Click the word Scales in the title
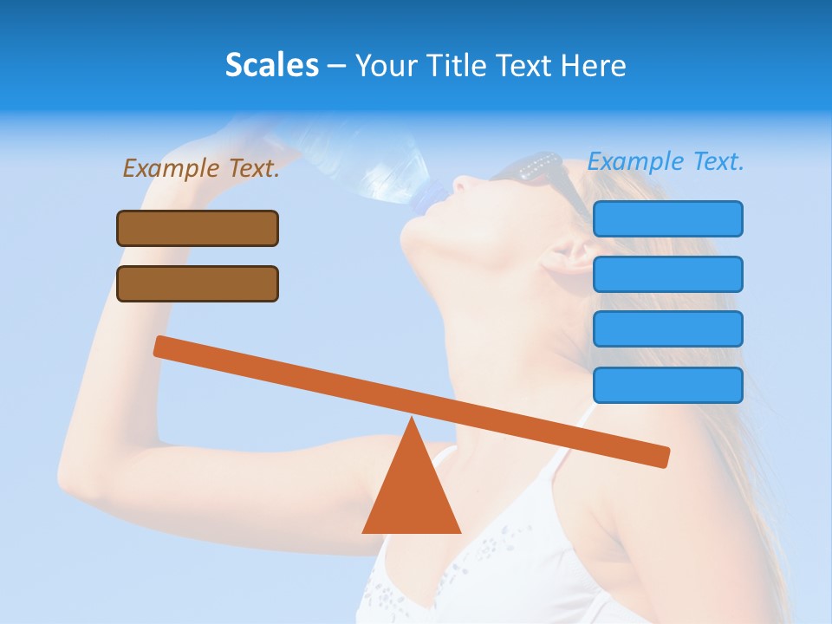pyautogui.click(x=271, y=65)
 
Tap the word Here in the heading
pyautogui.click(x=594, y=65)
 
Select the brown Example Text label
pyautogui.click(x=201, y=168)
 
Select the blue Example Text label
pyautogui.click(x=666, y=161)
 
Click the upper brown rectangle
pyautogui.click(x=198, y=228)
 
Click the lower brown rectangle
pyautogui.click(x=198, y=283)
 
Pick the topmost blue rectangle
pyautogui.click(x=667, y=218)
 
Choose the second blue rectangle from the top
pyautogui.click(x=667, y=274)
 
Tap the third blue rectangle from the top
pyautogui.click(x=667, y=329)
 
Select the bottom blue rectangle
pyautogui.click(x=667, y=385)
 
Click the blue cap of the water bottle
pyautogui.click(x=427, y=198)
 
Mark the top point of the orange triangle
pyautogui.click(x=412, y=419)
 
